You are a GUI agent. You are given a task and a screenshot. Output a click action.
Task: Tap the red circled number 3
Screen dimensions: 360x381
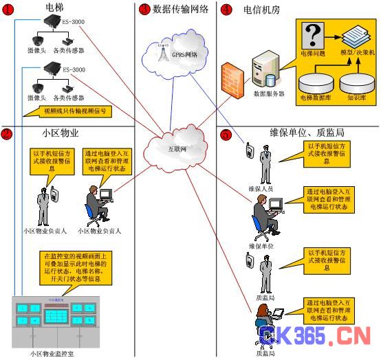click(144, 10)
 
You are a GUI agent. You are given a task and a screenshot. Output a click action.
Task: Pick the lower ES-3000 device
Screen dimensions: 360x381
click(52, 69)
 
